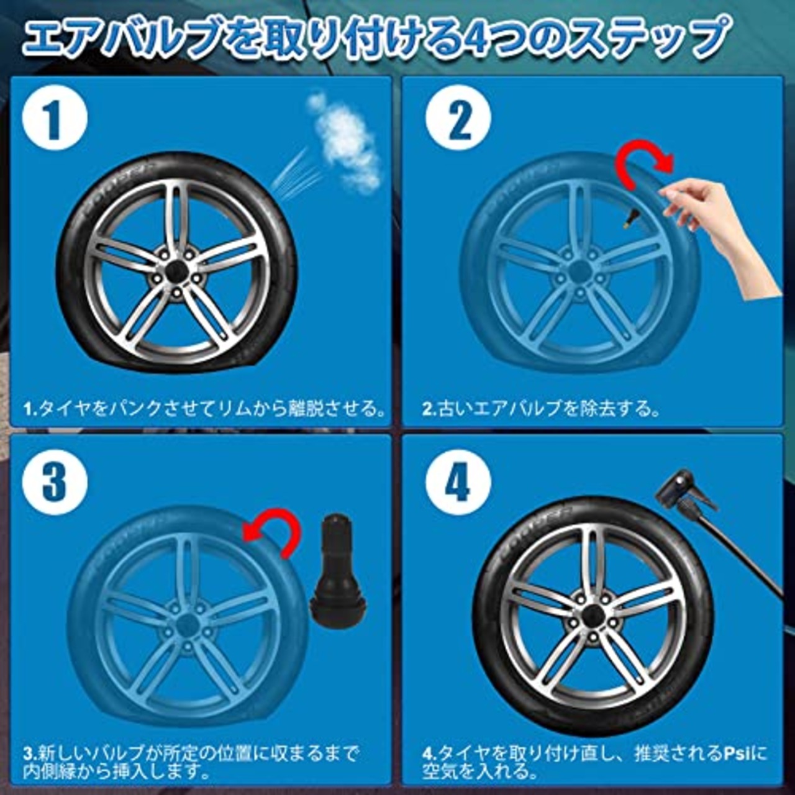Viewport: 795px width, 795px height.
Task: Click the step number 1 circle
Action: point(55,119)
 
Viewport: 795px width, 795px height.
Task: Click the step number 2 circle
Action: point(459,119)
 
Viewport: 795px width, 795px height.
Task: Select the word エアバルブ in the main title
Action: point(121,38)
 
